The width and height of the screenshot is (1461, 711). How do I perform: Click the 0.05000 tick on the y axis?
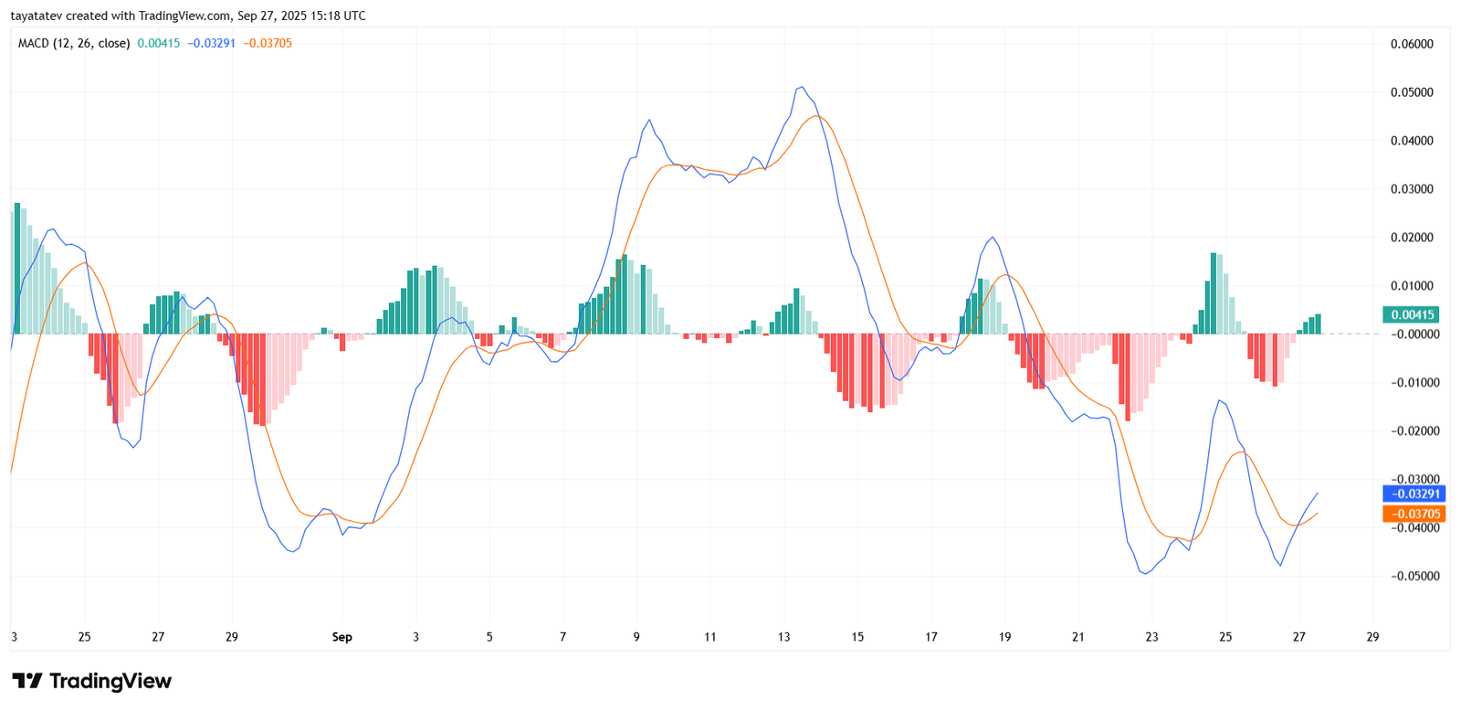[x=1411, y=92]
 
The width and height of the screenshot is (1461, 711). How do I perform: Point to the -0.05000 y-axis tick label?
[x=1411, y=576]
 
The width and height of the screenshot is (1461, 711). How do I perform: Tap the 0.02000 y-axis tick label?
[x=1411, y=238]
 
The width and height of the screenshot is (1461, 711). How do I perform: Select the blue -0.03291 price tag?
[x=1414, y=493]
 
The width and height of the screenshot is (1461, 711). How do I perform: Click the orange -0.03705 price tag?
[x=1414, y=514]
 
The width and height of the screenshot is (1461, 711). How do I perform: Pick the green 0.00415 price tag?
[x=1411, y=314]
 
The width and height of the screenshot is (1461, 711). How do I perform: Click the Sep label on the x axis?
[x=342, y=637]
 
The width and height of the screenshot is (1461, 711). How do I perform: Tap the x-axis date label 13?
[x=783, y=637]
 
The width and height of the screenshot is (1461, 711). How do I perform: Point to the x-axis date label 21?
[x=1078, y=637]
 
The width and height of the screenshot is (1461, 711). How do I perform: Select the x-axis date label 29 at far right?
[x=1372, y=637]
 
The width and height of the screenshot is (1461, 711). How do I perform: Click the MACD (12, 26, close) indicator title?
[x=74, y=43]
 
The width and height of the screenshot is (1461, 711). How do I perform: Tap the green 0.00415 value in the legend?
[x=159, y=43]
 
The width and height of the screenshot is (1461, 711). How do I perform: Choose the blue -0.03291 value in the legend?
[x=212, y=43]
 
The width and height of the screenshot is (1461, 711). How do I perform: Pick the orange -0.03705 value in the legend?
[x=268, y=43]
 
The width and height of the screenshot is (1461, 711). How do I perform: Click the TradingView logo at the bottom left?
[x=91, y=681]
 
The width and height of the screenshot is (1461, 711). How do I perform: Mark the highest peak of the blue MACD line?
[x=801, y=87]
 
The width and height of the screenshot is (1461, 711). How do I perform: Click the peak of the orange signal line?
[x=815, y=115]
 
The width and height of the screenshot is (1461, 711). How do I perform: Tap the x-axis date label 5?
[x=489, y=637]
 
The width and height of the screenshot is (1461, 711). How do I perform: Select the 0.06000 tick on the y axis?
[x=1411, y=44]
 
